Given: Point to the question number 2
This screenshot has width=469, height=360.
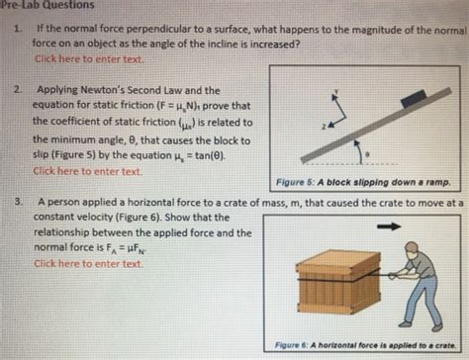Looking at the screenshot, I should (17, 88).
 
